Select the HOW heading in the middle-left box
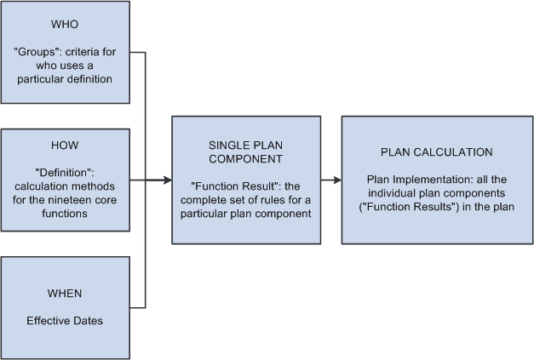coord(65,145)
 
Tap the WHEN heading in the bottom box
coord(65,294)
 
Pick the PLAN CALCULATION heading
coord(436,152)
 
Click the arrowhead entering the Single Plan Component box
coord(167,180)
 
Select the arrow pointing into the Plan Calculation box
coord(336,180)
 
